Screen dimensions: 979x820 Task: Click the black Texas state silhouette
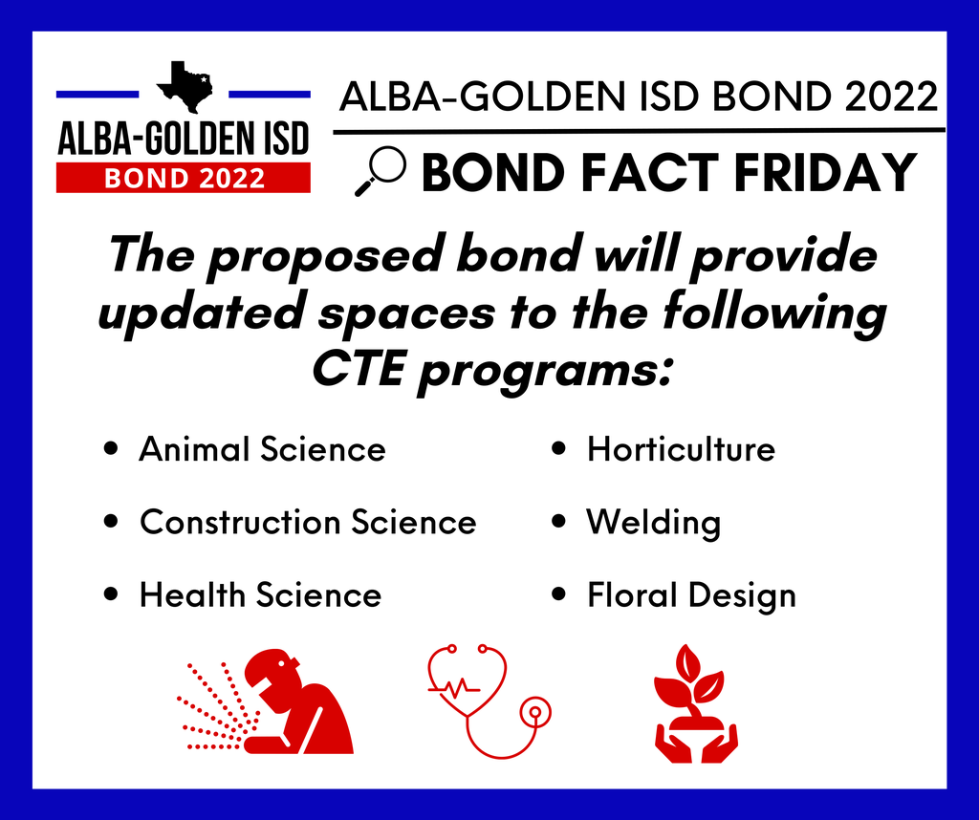[x=185, y=87]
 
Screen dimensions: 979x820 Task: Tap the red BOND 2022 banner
[x=183, y=178]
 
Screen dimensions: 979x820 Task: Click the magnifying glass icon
[x=381, y=171]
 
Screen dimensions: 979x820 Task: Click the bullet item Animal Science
[x=262, y=448]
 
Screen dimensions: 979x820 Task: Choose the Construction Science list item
[x=308, y=522]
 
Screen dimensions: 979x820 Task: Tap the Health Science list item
[x=260, y=594]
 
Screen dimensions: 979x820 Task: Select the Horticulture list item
[x=681, y=448]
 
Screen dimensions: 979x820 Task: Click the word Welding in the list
[x=654, y=523]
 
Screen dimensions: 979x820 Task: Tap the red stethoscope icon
[x=489, y=701]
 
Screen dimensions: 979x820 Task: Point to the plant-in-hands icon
[x=696, y=703]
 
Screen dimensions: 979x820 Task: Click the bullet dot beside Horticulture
[x=558, y=448]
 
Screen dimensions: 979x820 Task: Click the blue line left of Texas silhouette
[x=98, y=95]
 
